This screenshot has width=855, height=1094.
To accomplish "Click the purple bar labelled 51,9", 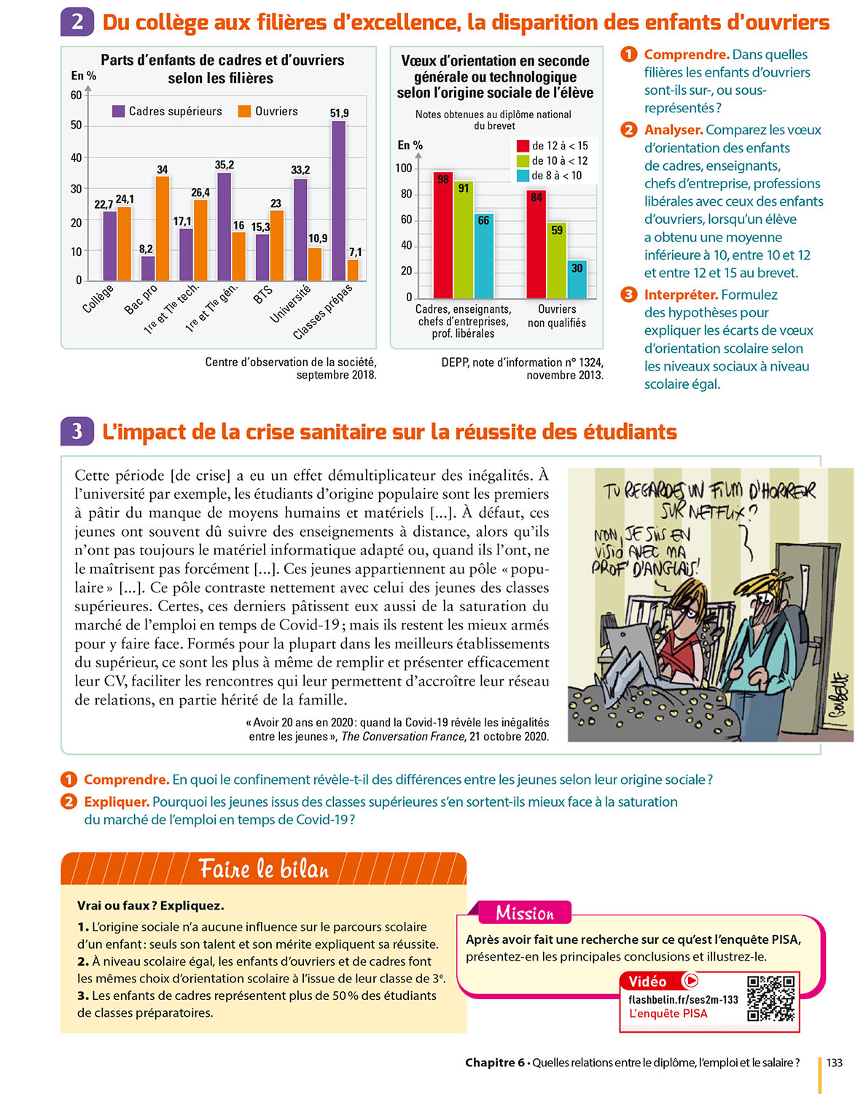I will tap(339, 201).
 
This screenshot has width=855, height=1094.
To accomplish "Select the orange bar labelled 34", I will tap(163, 228).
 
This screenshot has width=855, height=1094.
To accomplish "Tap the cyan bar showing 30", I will tap(577, 279).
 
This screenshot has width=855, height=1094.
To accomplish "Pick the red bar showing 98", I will tap(443, 236).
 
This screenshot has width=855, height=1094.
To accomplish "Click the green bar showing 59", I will tap(557, 260).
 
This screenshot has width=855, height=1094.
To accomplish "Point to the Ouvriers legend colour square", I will tap(245, 112).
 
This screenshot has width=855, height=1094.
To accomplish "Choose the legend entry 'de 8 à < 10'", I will tap(556, 176).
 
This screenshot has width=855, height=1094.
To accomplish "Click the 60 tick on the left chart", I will tap(77, 95).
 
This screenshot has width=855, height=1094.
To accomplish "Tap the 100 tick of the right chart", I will tap(404, 168).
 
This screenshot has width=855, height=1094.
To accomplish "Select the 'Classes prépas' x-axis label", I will tap(323, 312).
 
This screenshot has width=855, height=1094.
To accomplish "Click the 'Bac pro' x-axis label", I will tap(141, 299).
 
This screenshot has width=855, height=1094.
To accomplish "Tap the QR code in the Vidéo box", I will tap(771, 999).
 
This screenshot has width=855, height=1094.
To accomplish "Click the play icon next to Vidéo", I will tap(691, 981).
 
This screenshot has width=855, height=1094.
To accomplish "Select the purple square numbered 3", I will tap(77, 432).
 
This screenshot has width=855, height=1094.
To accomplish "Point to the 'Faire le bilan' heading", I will tap(264, 869).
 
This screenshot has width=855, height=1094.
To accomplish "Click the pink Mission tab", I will tap(525, 913).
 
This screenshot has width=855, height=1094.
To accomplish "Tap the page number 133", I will tap(834, 1063).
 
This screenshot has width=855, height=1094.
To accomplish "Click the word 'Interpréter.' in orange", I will tap(681, 295).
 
